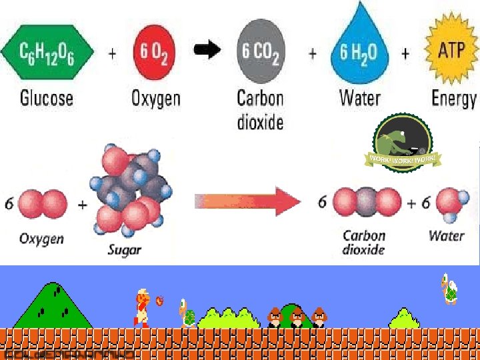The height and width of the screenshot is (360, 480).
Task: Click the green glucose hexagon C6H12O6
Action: point(48,52)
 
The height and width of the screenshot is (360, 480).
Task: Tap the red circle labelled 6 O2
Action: point(153,52)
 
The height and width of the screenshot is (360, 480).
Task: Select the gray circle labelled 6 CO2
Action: point(261,52)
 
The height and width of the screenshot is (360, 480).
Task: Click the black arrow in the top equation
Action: point(208,49)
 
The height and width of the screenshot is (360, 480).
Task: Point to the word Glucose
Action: point(47,99)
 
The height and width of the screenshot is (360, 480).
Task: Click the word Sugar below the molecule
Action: point(125,251)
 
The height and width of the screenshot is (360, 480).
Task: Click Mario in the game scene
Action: point(142,308)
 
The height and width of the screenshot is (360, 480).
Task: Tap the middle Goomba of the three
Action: point(297,317)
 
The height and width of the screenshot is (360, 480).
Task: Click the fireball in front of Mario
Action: point(160,300)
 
